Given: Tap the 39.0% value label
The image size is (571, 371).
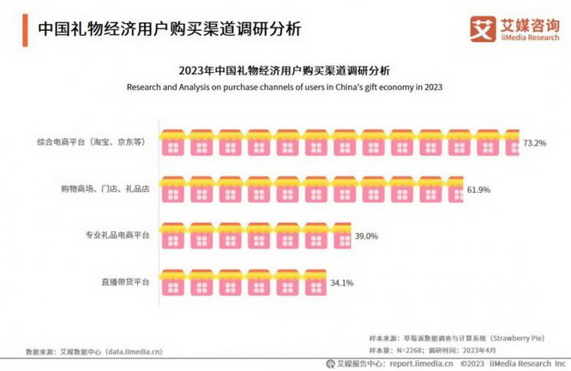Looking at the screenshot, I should pyautogui.click(x=366, y=235).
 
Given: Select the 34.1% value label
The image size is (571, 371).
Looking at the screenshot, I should pyautogui.click(x=343, y=281).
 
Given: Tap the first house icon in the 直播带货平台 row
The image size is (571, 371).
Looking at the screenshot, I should pyautogui.click(x=173, y=280).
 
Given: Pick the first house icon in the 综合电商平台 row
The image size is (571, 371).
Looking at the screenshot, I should pyautogui.click(x=173, y=141).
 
